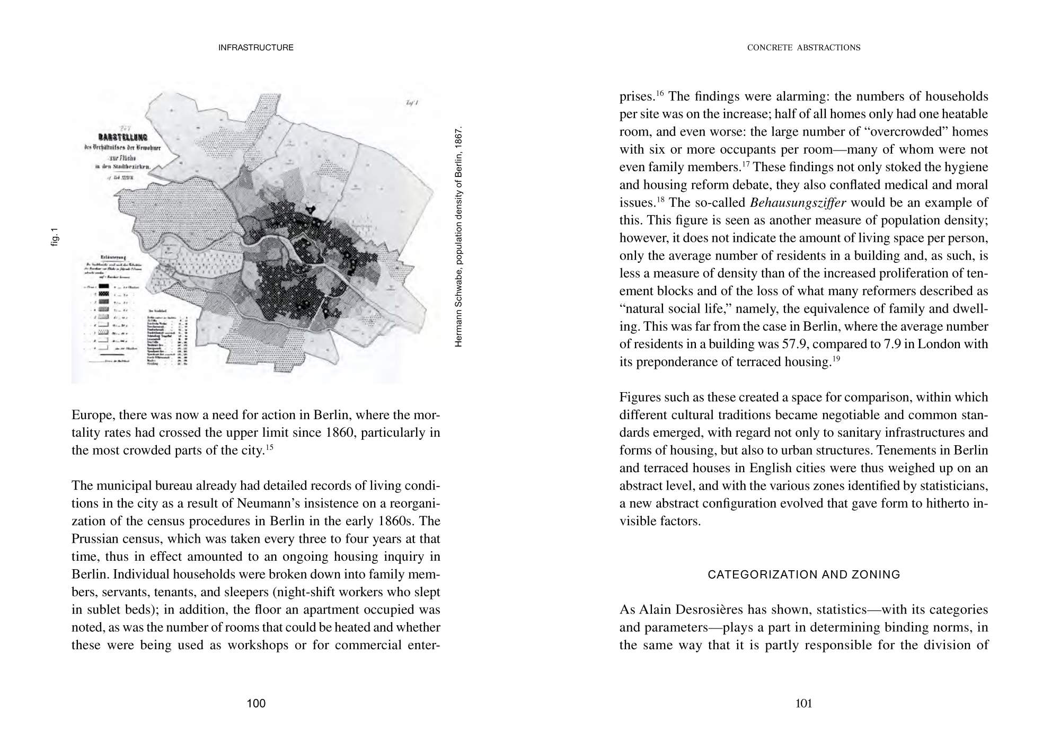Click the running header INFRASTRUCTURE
[x=256, y=48]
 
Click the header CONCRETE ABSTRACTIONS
[x=803, y=48]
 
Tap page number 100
[x=256, y=704]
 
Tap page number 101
[x=803, y=704]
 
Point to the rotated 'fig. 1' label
[x=55, y=237]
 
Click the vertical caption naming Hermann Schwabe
[x=459, y=236]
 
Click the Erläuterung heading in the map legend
[x=102, y=257]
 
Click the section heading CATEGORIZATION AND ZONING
[x=803, y=574]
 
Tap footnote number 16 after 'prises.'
[x=660, y=94]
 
